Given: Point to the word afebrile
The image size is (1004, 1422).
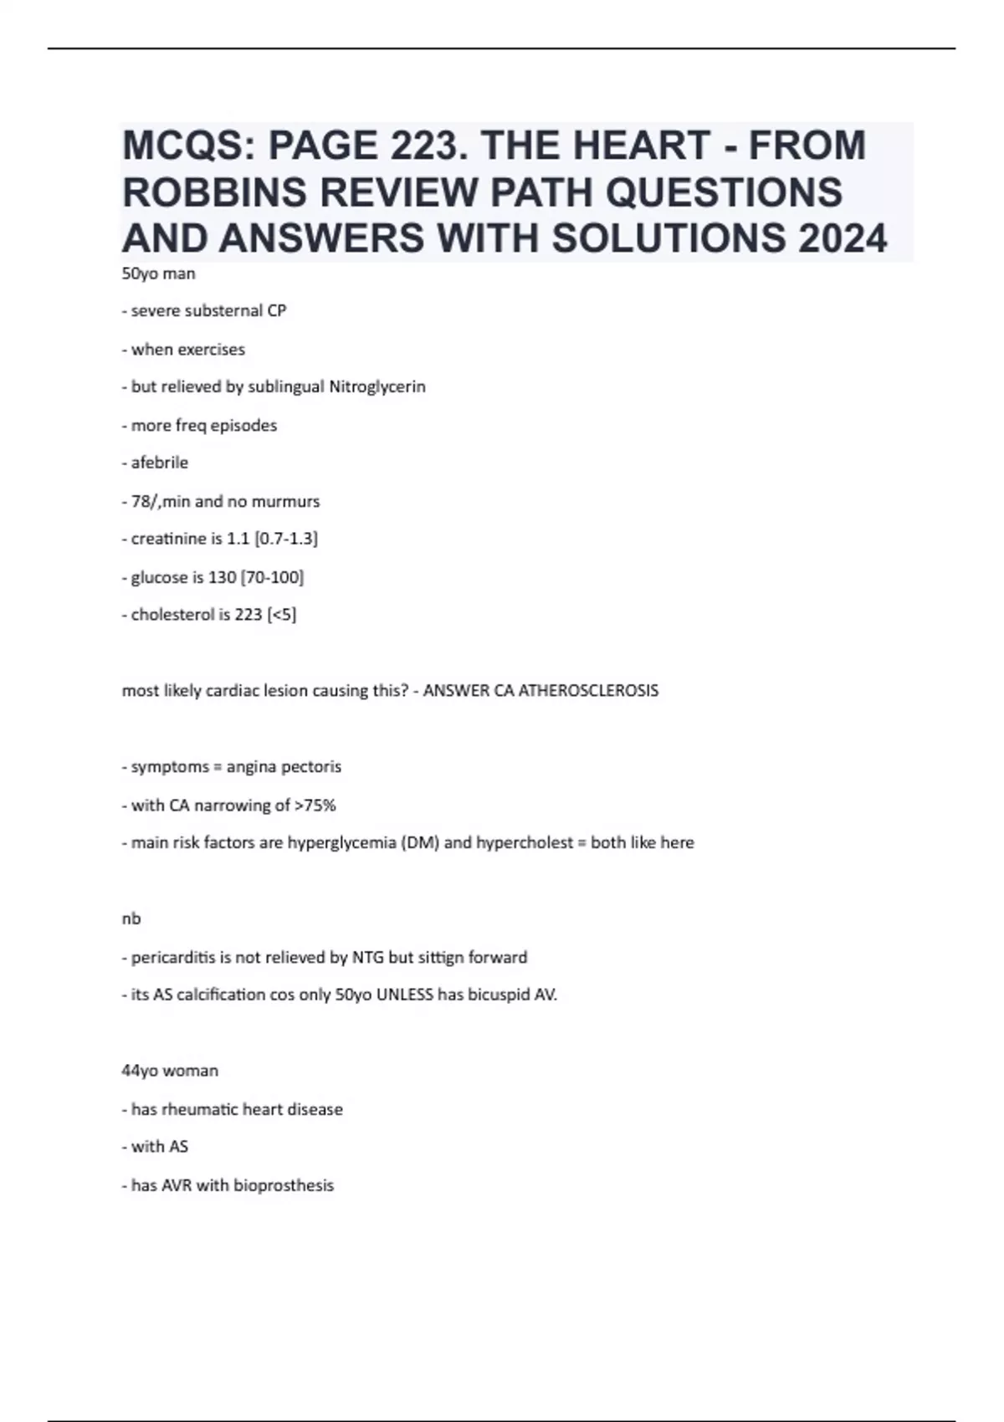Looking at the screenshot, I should coord(159,463).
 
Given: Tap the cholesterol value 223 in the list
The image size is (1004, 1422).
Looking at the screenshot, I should coord(248,615).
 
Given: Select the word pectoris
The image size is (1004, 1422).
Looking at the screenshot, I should coord(311,767).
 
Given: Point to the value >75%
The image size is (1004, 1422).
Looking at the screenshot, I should coord(315,806).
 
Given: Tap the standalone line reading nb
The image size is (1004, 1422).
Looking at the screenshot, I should coord(131,918).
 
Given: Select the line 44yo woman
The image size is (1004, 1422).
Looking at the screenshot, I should coord(170,1071).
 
